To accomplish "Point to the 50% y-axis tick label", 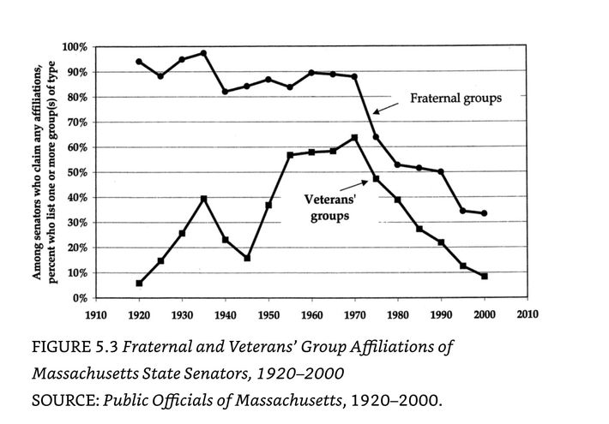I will point(78,172).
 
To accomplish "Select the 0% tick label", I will point(81,298).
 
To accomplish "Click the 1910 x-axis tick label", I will point(96,314).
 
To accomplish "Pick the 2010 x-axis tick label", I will point(527,314).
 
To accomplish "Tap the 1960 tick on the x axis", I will point(311,314).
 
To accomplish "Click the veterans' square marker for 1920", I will point(139,283).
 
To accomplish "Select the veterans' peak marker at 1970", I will point(354,137).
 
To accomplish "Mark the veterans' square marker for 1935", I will point(203,199).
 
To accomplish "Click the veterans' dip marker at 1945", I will point(247,258).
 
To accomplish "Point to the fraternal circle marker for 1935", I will point(203,53).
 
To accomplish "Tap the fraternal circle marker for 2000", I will point(485,213).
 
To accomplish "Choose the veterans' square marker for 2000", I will point(485,276).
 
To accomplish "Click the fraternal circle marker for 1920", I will point(139,62).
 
